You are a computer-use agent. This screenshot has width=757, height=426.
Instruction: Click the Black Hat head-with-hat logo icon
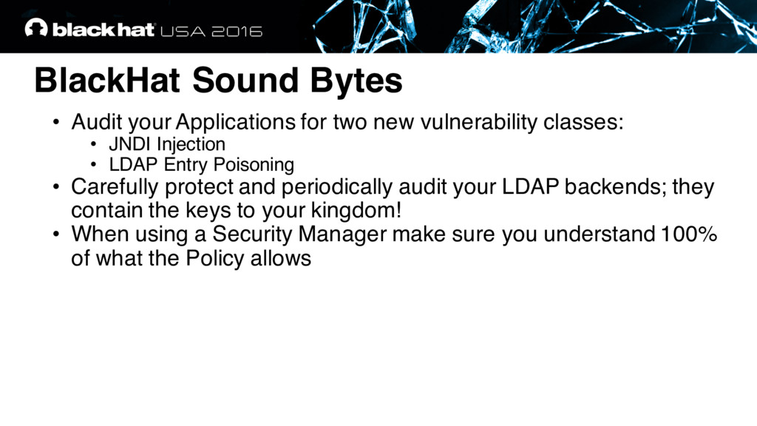point(36,27)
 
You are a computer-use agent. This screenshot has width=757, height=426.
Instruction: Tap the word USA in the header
point(183,31)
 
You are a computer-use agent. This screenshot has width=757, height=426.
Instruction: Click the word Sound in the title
point(245,80)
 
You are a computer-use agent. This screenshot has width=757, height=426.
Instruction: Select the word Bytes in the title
point(356,81)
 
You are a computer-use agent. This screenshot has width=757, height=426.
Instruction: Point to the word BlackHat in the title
point(107,80)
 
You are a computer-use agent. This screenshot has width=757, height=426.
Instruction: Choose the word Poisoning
point(254,165)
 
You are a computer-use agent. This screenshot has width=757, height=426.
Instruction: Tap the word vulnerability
point(478,122)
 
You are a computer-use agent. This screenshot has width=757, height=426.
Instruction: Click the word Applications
point(235,122)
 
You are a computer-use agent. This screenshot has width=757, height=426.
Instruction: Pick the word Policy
point(215,258)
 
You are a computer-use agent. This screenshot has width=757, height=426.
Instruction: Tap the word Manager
point(342,234)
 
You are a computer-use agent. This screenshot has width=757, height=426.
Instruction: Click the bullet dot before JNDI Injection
point(93,144)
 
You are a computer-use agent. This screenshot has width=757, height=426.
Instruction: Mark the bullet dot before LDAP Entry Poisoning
point(93,164)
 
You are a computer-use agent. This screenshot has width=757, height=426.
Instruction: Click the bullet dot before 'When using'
point(56,234)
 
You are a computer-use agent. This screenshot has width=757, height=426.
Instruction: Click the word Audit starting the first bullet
point(97,122)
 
